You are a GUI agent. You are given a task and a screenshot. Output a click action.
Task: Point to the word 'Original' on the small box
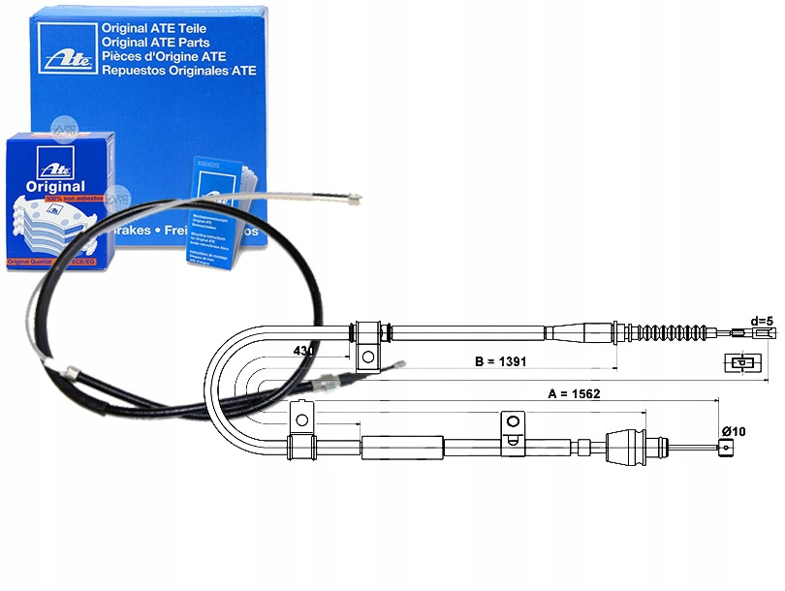pyautogui.click(x=57, y=186)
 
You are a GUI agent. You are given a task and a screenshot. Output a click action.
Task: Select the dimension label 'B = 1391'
pyautogui.click(x=500, y=361)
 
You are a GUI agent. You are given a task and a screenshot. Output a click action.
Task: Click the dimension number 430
pyautogui.click(x=303, y=351)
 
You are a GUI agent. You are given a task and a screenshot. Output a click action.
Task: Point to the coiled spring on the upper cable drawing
pyautogui.click(x=663, y=332)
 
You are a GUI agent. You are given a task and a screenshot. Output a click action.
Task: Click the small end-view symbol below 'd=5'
pyautogui.click(x=741, y=364)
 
